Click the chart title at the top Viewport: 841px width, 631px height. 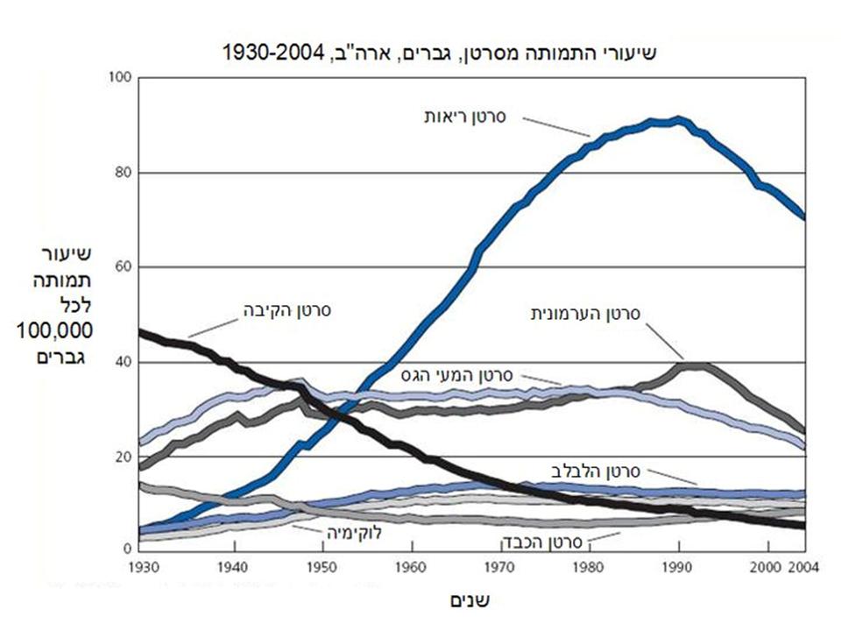[x=439, y=52]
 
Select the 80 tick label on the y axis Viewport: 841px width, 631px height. [x=123, y=173]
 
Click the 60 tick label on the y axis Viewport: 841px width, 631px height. [x=123, y=267]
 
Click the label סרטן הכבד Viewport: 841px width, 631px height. [x=539, y=541]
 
